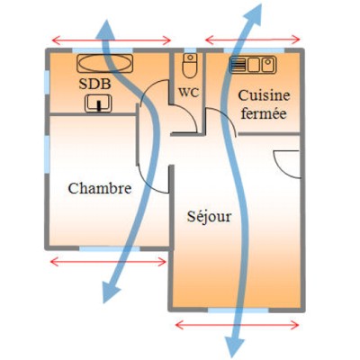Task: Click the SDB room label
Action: click(94, 84)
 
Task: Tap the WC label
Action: click(189, 92)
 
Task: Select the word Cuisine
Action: click(264, 96)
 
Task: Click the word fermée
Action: click(264, 113)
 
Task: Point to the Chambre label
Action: click(100, 188)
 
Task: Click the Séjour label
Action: click(210, 216)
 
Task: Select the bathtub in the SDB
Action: click(104, 63)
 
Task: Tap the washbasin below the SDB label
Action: click(98, 103)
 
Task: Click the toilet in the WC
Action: click(190, 66)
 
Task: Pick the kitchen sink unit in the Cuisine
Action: click(253, 65)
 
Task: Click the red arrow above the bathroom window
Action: click(112, 40)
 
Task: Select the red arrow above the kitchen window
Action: click(253, 40)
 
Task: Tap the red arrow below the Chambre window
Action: click(108, 262)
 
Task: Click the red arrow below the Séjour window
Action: click(237, 325)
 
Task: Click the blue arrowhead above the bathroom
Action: click(105, 30)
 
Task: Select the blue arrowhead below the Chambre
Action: click(110, 292)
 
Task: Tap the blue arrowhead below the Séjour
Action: click(235, 346)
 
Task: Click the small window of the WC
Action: click(190, 50)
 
